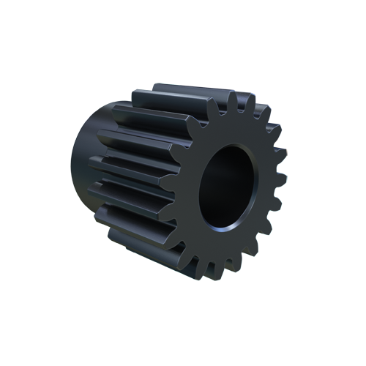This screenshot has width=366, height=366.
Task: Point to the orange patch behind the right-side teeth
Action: (x=283, y=146)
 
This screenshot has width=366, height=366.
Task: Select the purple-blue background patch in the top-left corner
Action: (x=82, y=95)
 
